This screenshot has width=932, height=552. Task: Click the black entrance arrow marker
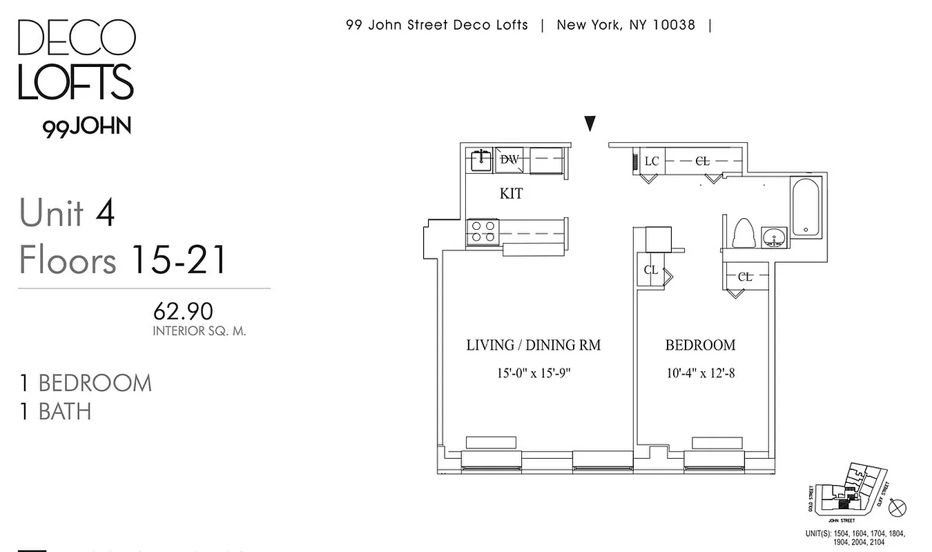pos(590,124)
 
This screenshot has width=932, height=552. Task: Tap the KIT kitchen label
pos(511,194)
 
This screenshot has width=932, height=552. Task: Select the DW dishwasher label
pos(509,159)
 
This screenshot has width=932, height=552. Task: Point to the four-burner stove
pos(483,230)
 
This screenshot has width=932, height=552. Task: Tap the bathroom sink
pos(775,237)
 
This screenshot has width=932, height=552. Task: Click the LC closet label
pos(651,161)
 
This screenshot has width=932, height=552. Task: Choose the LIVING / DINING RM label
pos(533,345)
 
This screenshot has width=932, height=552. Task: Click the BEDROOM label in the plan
pos(700,345)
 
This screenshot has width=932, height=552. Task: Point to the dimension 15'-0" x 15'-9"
pos(534,373)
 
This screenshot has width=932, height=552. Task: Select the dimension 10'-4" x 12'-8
pos(700,373)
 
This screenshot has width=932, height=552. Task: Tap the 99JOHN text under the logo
pos(86,128)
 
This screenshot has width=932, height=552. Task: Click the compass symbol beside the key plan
pos(898,509)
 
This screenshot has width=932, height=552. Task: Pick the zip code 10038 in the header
pos(672,26)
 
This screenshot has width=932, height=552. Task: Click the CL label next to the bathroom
pos(745,277)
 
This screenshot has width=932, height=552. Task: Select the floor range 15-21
pos(177,261)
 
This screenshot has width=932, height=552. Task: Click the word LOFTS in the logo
pos(75,82)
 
